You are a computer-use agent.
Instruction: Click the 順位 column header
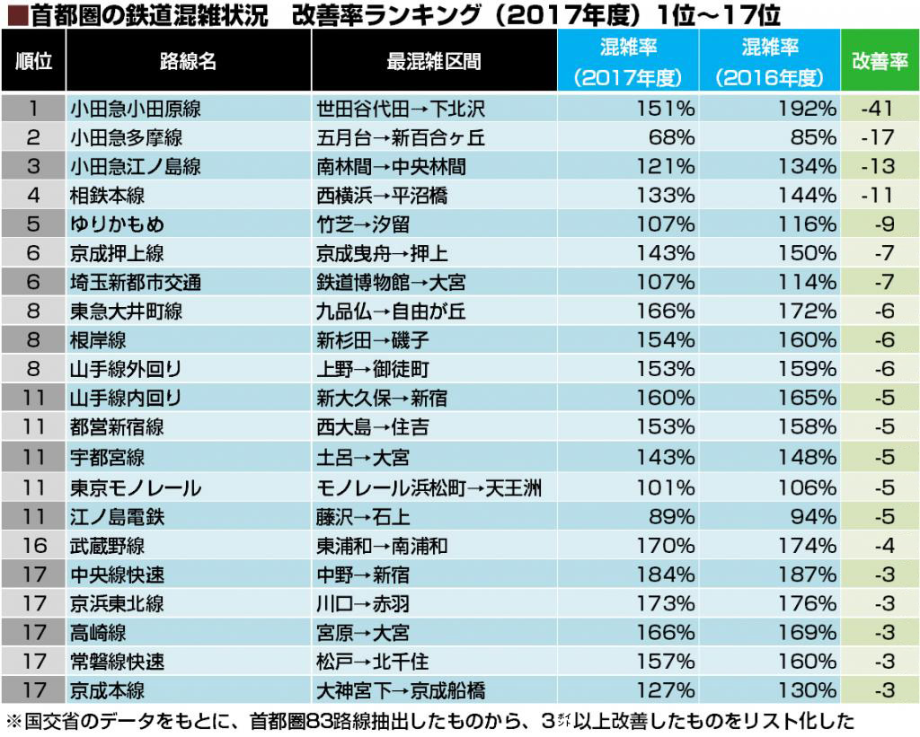coord(33,61)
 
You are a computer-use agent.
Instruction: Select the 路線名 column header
coord(188,61)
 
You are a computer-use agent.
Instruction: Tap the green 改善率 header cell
coord(879,61)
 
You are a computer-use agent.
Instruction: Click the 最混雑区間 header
coord(433,61)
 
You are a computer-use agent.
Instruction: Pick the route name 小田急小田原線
coord(135,109)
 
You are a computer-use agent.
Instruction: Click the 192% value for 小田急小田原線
coord(809,109)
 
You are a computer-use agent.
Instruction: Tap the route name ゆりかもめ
coord(117,224)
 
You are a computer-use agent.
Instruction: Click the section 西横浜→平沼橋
coord(382,196)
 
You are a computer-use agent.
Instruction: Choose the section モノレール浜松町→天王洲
coord(429,488)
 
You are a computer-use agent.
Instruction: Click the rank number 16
coord(33,546)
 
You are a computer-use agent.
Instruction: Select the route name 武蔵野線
coord(107,546)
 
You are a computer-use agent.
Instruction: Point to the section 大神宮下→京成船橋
coord(401,690)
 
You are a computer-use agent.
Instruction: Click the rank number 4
coord(33,196)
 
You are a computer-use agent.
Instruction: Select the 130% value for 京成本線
coord(809,690)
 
